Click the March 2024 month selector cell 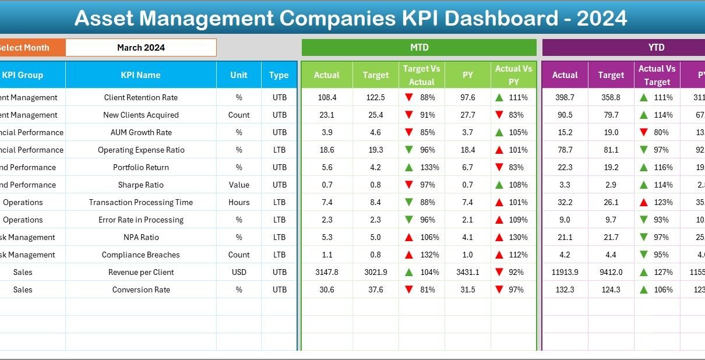point(140,48)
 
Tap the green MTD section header point(419,48)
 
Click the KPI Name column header point(140,75)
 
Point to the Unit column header point(239,75)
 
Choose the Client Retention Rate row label point(140,97)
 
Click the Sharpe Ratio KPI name point(140,185)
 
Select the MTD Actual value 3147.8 point(326,272)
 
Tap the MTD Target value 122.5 point(376,97)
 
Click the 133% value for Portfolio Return point(428,167)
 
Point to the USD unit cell point(239,272)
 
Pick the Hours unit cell point(239,202)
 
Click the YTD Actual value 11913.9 point(565,272)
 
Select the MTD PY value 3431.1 point(467,272)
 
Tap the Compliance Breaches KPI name point(140,255)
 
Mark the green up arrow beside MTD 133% point(409,167)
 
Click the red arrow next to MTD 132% point(409,255)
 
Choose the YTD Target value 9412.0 point(611,272)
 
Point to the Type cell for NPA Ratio point(279,237)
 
